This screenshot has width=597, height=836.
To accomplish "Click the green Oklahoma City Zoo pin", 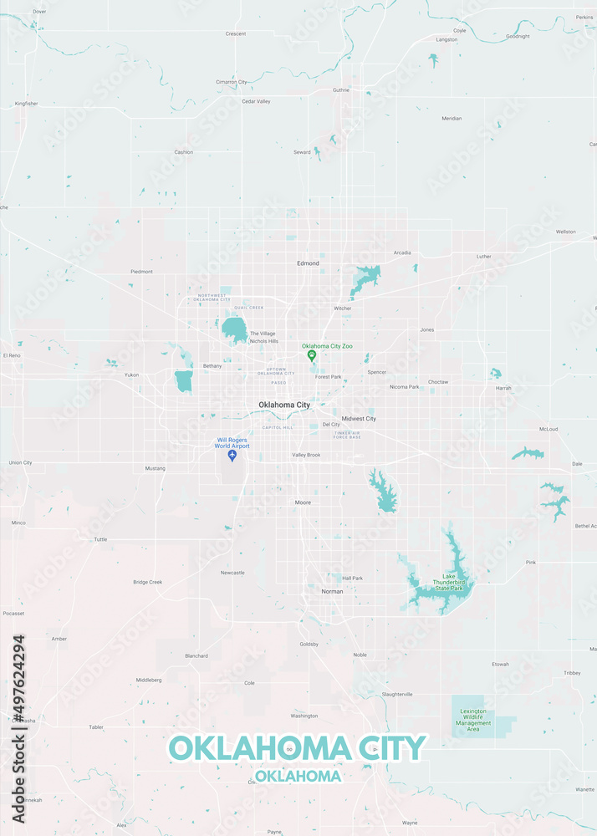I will (312, 355).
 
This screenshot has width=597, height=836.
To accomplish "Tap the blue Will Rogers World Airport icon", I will (232, 456).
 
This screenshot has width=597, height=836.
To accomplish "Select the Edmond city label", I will (308, 263).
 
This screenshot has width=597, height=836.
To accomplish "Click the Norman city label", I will (332, 591).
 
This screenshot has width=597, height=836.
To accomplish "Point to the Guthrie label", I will (341, 89).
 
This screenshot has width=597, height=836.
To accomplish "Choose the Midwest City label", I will (359, 418).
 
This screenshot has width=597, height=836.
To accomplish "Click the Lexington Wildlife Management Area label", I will (473, 720).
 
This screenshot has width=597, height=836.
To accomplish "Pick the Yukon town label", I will (131, 375).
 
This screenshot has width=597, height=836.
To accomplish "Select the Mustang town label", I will (156, 468).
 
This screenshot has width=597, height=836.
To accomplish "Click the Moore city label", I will (303, 502).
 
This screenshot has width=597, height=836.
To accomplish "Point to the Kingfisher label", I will (27, 103).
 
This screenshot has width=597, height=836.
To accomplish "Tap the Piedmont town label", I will (141, 272).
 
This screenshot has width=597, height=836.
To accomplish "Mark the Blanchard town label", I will (196, 655).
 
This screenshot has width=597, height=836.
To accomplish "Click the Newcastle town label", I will (232, 573).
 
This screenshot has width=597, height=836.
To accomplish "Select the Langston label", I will (446, 39).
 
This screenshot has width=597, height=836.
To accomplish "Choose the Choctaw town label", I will (438, 382).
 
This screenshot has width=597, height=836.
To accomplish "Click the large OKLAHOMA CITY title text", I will (298, 747).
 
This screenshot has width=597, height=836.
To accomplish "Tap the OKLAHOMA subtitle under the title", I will (298, 776).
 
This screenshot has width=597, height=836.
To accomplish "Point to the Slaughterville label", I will (397, 694).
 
